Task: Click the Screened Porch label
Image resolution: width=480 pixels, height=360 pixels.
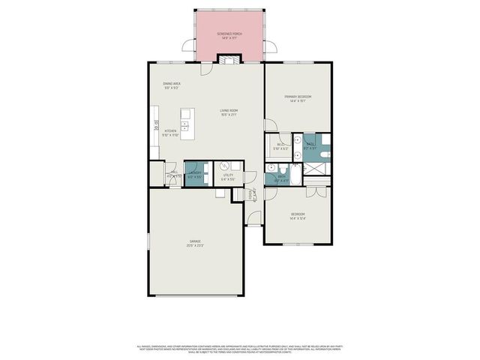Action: click(x=229, y=35)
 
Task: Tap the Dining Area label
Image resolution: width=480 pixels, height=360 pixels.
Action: click(x=171, y=85)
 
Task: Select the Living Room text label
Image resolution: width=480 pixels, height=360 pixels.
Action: click(x=229, y=112)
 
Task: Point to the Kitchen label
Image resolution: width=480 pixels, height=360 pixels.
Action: click(x=170, y=133)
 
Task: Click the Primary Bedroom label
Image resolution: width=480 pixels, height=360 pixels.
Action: click(x=298, y=97)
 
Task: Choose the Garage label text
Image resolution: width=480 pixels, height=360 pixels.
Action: click(x=194, y=242)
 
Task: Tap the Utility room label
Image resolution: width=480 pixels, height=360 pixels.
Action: click(x=228, y=177)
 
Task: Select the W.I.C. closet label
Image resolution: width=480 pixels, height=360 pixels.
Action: click(x=280, y=146)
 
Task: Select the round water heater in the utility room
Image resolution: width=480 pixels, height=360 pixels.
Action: click(x=223, y=167)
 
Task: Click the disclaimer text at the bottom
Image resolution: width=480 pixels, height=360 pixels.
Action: click(x=240, y=349)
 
